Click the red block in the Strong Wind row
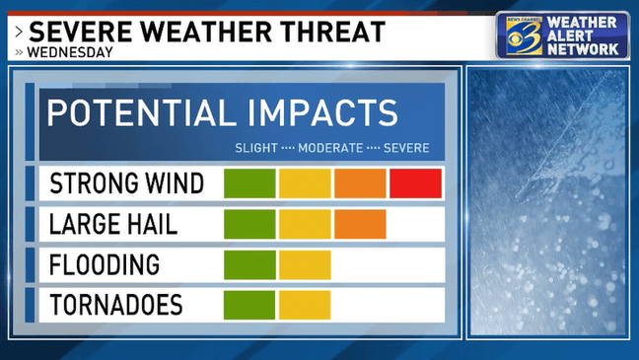pos(415,183)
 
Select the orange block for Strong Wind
pos(360,183)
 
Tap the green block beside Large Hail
pos(249,224)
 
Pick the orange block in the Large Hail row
pos(360,224)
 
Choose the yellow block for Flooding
pos(305,264)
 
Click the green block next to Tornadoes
pos(249,305)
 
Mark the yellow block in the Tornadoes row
pos(305,305)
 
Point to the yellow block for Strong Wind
pos(305,183)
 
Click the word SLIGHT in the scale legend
pos(255,148)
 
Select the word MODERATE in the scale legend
pos(328,148)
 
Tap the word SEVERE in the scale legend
pos(405,148)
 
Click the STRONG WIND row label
pos(127,183)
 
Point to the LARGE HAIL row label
pos(113,224)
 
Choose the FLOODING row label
pos(105,264)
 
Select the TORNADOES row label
pos(116,305)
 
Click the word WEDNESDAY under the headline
pos(70,52)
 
